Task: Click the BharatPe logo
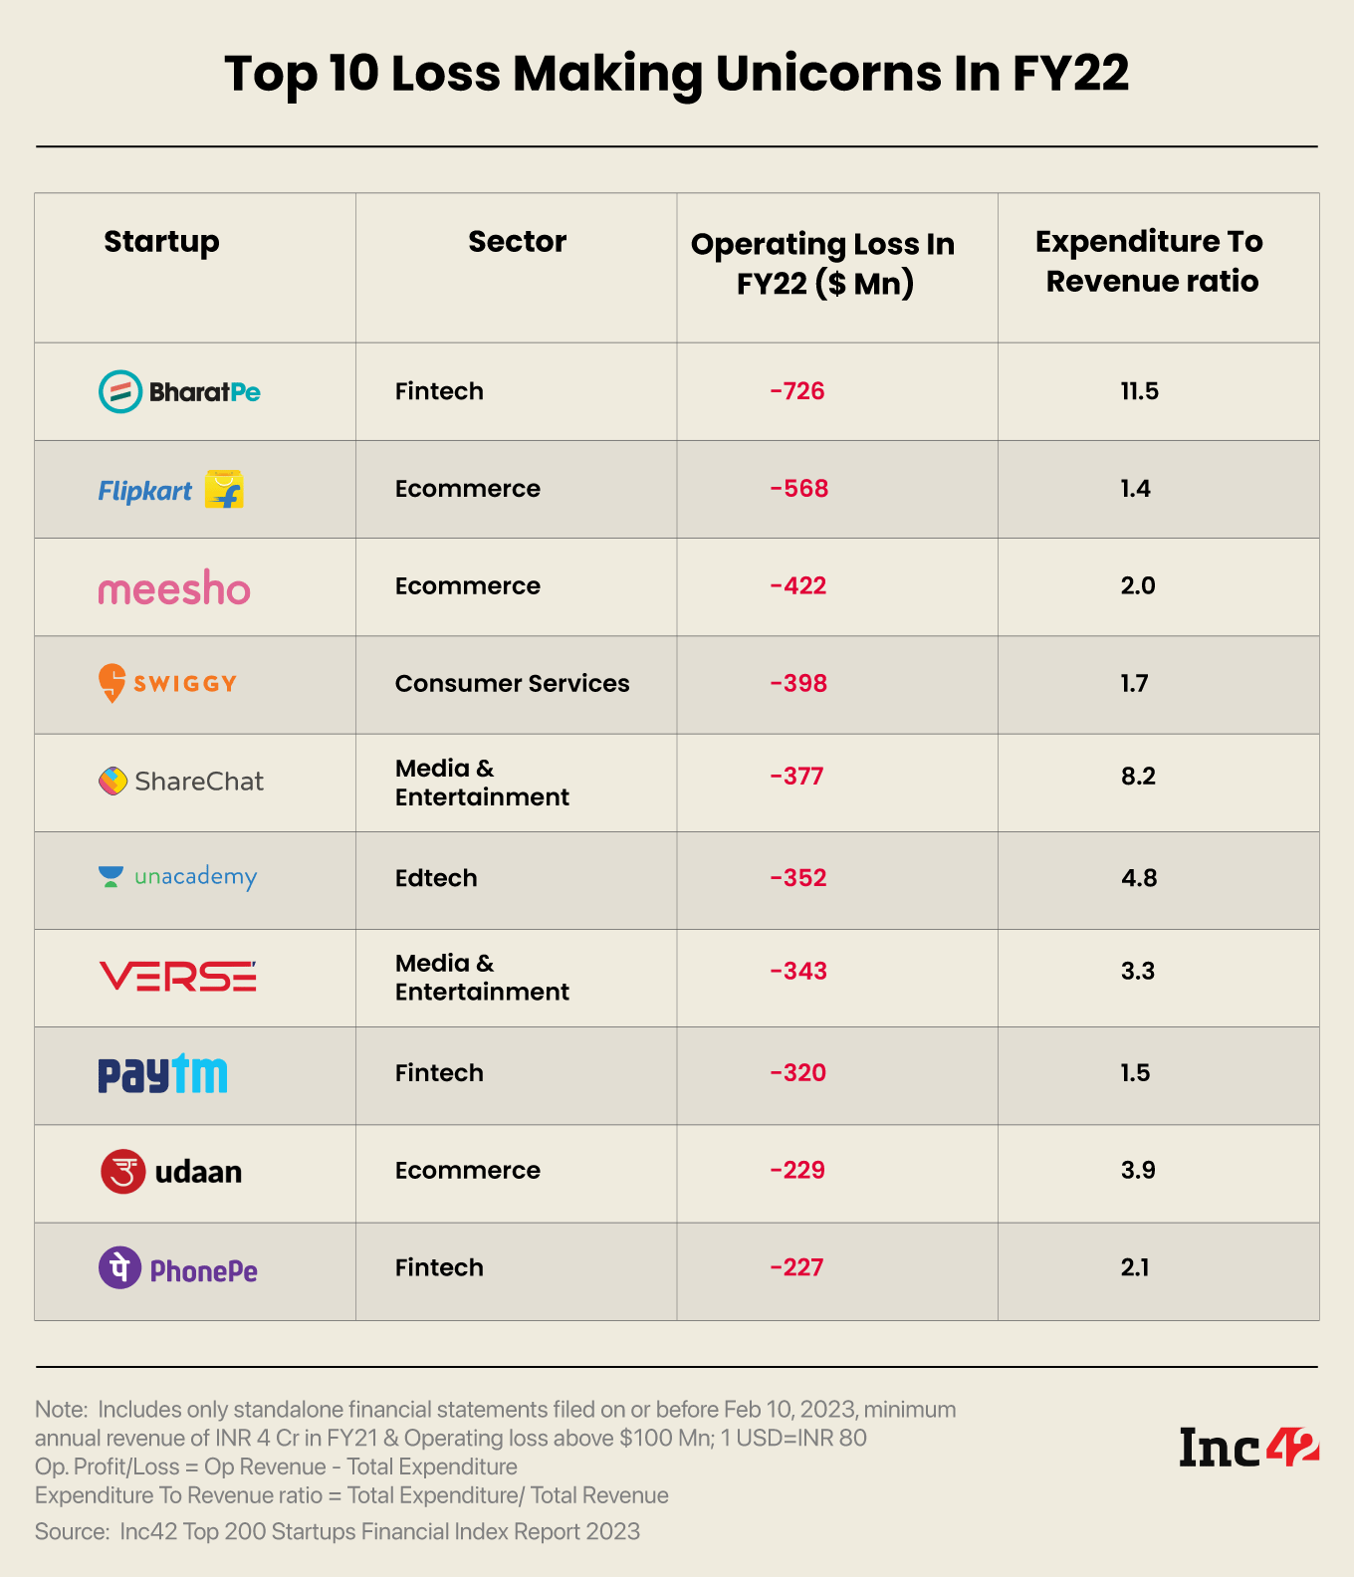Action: coord(179,391)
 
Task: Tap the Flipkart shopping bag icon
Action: coord(224,489)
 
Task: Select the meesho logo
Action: coord(174,588)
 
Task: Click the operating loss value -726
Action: coord(797,391)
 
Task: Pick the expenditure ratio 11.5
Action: coord(1139,391)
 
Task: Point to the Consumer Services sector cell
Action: coord(512,684)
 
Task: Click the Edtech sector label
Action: coord(436,878)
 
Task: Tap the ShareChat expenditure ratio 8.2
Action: coord(1138,777)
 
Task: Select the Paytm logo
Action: coord(162,1073)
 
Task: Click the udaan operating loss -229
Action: coord(797,1170)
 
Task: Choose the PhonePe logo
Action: coord(178,1268)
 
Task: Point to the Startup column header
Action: coord(161,242)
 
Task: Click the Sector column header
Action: coord(517,242)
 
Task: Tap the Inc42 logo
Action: coord(1248,1447)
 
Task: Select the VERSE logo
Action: coord(177,977)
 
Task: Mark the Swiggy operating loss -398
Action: coord(798,684)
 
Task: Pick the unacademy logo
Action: coord(178,877)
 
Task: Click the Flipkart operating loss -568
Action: coord(798,489)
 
